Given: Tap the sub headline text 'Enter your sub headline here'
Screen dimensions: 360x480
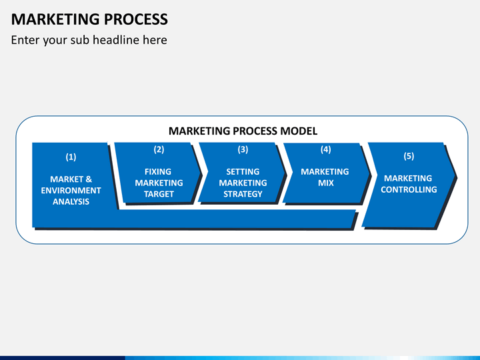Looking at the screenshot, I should pos(89,40).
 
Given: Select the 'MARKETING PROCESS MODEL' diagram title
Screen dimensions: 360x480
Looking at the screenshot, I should pos(243,131).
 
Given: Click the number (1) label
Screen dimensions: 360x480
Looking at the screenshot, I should pos(71,157).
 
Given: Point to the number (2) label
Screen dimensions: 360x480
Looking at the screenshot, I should pos(159,150).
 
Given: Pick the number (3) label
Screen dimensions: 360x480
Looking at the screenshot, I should pos(243,150).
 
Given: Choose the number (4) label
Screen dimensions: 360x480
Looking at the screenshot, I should pos(325,150).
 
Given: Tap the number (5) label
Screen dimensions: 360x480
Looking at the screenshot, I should pos(409,156).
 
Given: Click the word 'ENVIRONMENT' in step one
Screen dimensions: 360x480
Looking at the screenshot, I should pos(71,190).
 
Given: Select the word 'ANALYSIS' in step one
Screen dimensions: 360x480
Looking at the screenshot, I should pos(71,201).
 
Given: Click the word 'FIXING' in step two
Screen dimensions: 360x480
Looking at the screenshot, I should pos(158,171).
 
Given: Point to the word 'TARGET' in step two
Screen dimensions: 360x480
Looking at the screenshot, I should pos(159,194).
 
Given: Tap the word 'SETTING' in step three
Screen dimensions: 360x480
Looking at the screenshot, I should pos(243,171).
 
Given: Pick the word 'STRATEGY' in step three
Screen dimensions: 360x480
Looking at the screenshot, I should pos(243,194).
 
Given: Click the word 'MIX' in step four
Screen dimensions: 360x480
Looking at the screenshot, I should pos(325,183).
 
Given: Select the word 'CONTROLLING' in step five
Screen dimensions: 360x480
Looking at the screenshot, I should pos(409,189).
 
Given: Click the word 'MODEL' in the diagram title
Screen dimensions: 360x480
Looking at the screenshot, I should pos(301,131).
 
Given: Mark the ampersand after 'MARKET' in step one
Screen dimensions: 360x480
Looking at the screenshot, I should pos(89,179).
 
